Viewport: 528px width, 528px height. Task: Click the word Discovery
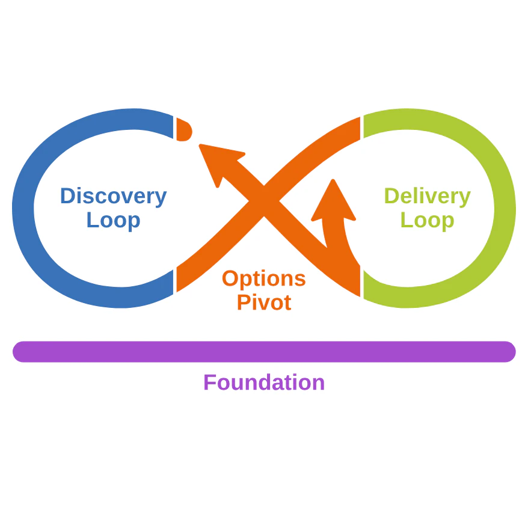[113, 196]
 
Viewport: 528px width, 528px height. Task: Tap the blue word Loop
[113, 220]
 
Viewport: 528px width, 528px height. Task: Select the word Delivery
[427, 196]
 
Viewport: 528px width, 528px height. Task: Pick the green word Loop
[427, 220]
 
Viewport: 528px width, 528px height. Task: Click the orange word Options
[263, 279]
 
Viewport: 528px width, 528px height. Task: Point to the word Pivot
[263, 302]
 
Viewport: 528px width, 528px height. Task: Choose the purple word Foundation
[263, 383]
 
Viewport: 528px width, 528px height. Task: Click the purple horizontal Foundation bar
[263, 352]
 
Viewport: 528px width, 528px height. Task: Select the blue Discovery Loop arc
[24, 207]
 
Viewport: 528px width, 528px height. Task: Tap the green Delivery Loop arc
[505, 207]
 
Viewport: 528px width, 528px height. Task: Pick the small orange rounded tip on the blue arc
[183, 129]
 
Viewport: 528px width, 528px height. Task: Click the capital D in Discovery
[67, 196]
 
